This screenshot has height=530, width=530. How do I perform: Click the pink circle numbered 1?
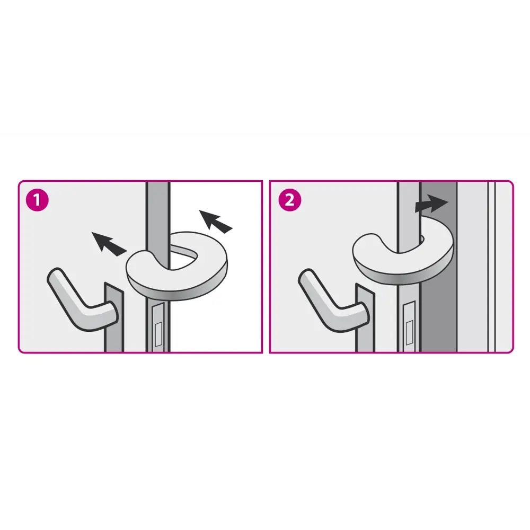[37, 200]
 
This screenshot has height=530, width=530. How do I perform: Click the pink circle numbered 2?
[290, 200]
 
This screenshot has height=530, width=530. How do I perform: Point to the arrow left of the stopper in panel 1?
[109, 243]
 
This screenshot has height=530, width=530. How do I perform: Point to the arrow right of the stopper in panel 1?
[215, 221]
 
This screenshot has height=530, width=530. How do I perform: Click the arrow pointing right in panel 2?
[431, 203]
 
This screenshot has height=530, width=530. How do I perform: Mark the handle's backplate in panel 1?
[114, 317]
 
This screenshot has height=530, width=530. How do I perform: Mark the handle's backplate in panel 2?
[365, 317]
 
